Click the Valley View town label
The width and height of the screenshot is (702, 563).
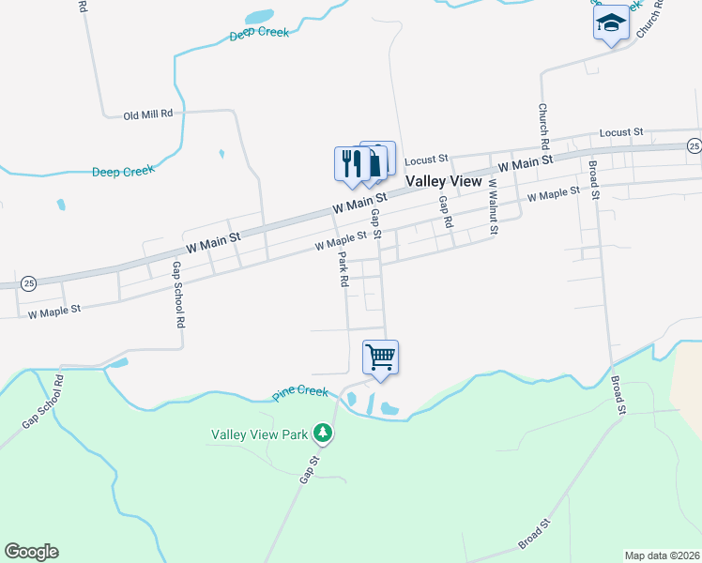point(443,181)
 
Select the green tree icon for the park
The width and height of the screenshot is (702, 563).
point(324,433)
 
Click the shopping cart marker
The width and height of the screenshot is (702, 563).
point(380,357)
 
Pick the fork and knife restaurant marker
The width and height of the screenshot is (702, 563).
point(351,162)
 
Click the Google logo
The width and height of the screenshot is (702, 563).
point(31,552)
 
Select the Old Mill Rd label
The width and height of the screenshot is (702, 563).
point(148,114)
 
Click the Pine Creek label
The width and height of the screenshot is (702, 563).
point(300,391)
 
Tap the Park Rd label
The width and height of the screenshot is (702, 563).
point(343,268)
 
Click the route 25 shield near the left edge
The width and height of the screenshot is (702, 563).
point(28,282)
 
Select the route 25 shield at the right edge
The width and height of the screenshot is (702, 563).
point(694,145)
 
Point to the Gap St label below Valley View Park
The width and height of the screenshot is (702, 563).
point(310,468)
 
